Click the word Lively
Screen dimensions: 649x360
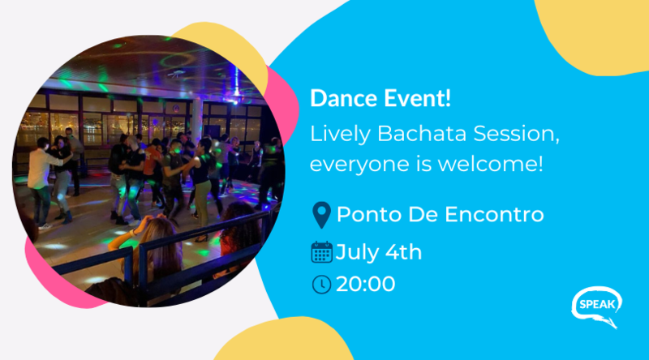tap(340, 135)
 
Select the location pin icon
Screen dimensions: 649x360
tap(321, 215)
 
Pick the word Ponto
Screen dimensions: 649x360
tap(369, 214)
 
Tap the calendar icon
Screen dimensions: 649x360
tap(321, 252)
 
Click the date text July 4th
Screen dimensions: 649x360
tap(379, 252)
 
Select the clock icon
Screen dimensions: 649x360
tap(321, 285)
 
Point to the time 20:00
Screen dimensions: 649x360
tap(366, 285)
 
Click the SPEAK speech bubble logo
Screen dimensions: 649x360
tap(597, 306)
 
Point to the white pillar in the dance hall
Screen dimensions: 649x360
tap(196, 120)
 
